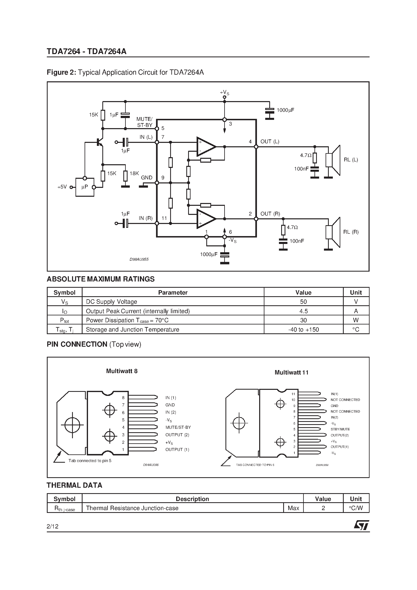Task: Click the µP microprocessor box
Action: (85, 187)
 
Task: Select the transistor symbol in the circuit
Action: (99, 142)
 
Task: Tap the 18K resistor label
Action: (134, 174)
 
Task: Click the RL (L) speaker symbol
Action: (333, 160)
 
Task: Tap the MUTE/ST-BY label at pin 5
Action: (145, 122)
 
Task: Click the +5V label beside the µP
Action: (62, 187)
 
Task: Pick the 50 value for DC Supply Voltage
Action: (303, 302)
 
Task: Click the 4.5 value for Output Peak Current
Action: (303, 311)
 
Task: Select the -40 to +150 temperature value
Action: (303, 330)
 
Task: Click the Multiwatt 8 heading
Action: (122, 371)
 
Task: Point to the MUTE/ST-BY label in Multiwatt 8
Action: (178, 427)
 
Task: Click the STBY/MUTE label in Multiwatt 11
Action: (340, 429)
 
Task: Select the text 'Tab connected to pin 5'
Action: (90, 461)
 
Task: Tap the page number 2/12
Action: (53, 526)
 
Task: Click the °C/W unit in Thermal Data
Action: (356, 508)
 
